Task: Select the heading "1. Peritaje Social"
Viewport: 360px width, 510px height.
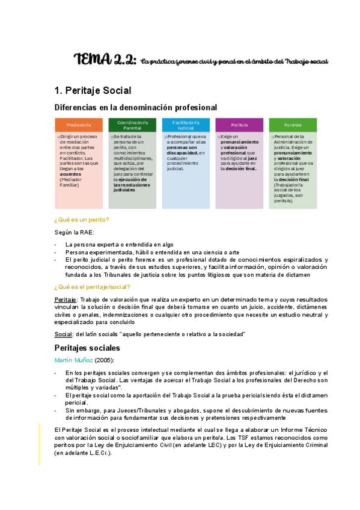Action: pyautogui.click(x=93, y=91)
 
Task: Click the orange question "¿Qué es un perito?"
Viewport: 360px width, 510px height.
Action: pyautogui.click(x=81, y=220)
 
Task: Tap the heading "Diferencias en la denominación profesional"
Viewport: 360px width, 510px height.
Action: pyautogui.click(x=135, y=108)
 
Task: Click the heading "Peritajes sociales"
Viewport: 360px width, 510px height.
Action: pyautogui.click(x=87, y=348)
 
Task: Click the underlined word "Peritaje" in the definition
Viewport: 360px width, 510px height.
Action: pyautogui.click(x=65, y=299)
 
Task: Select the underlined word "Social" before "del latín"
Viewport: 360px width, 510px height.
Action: pyautogui.click(x=62, y=334)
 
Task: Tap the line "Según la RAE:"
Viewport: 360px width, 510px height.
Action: pyautogui.click(x=74, y=232)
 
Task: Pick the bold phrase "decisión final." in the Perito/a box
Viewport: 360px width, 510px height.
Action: pyautogui.click(x=239, y=169)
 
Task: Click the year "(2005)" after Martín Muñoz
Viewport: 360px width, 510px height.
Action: pyautogui.click(x=104, y=360)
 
